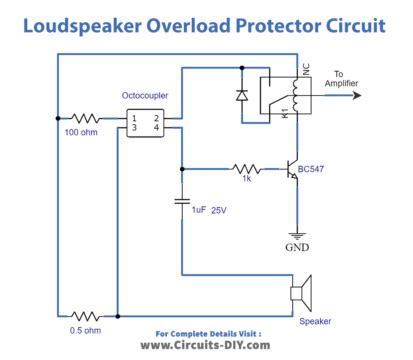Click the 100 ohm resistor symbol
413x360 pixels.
86,119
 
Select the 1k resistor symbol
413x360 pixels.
245,169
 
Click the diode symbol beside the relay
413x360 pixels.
240,97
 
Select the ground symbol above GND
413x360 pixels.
295,231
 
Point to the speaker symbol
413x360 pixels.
300,295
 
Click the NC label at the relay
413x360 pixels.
305,71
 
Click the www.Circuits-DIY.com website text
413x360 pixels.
206,344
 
